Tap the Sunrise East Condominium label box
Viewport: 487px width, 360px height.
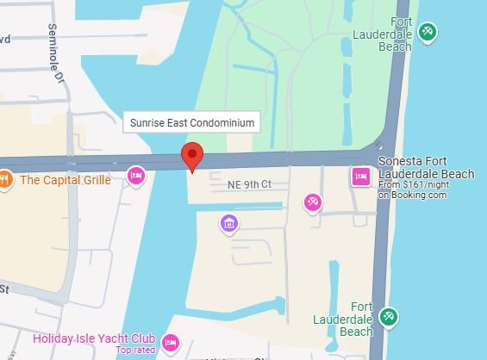191,123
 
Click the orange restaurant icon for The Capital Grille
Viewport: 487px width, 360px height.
5,180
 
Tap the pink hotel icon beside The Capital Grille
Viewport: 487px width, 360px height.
135,176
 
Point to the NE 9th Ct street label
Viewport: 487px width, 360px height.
249,184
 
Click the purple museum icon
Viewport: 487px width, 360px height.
229,225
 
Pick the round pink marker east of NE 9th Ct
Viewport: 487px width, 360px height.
313,202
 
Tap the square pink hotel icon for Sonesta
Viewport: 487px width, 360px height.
361,177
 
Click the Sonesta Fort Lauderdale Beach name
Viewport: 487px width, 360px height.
426,168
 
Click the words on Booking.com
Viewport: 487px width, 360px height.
412,195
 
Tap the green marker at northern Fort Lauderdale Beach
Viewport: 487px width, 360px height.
426,32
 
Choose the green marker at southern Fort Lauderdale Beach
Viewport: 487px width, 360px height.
389,317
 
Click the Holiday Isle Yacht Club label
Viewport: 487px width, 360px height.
94,338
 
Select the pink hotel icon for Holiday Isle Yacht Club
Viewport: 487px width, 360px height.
171,344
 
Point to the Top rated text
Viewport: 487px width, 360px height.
135,351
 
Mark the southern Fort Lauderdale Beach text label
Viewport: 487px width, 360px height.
356,318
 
